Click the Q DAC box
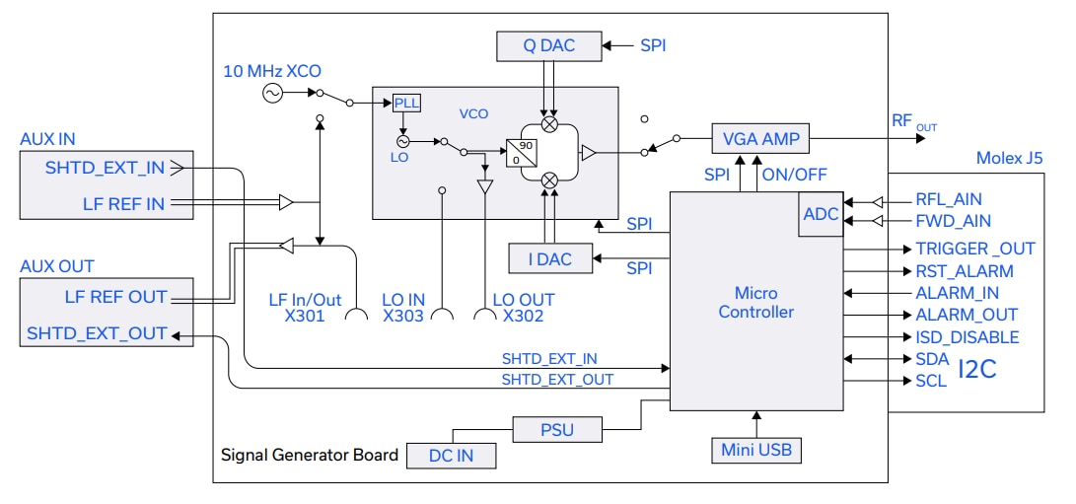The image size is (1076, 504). tap(549, 44)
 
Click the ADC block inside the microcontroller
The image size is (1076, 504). tap(820, 214)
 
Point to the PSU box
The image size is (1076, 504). tap(557, 430)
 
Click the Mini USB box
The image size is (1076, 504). tap(756, 451)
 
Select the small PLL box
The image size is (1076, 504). tap(406, 104)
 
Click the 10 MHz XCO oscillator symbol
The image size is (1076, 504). tap(272, 93)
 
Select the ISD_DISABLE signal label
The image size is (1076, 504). tap(968, 337)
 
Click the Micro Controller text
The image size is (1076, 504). tap(755, 302)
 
